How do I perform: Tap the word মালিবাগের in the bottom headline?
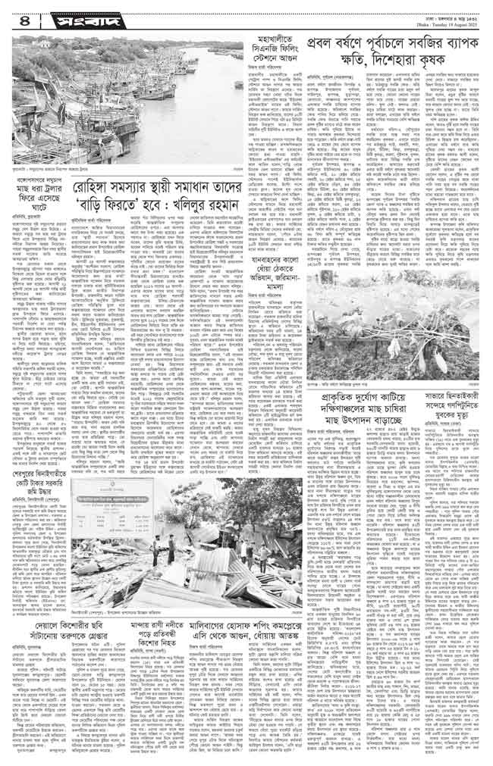[x=278, y=620]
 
